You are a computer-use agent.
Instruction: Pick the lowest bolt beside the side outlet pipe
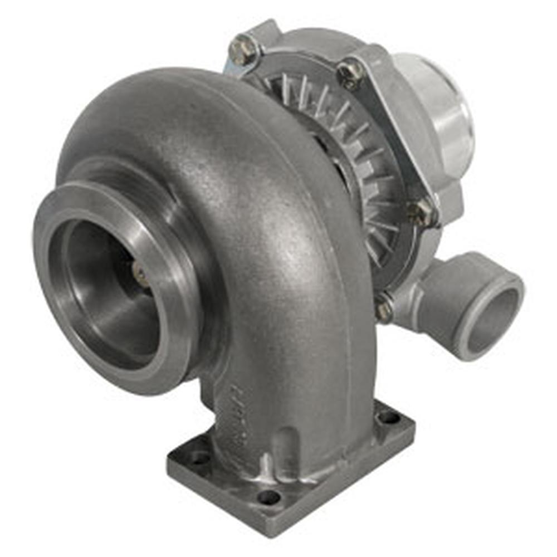coord(384,308)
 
